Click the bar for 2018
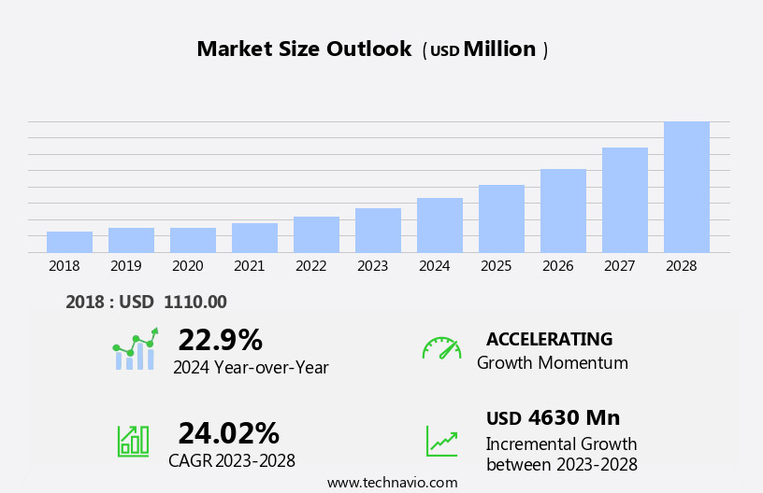click(x=69, y=242)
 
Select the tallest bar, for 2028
click(x=686, y=187)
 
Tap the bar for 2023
click(x=378, y=230)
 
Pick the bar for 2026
click(x=563, y=210)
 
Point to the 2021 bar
click(x=254, y=237)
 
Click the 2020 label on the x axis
click(x=187, y=266)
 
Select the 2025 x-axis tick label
click(x=496, y=266)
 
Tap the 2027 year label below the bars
click(x=619, y=266)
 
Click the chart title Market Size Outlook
click(x=304, y=49)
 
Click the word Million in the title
click(x=499, y=49)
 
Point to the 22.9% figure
click(x=220, y=340)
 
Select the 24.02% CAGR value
click(x=228, y=433)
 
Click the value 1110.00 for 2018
click(x=194, y=302)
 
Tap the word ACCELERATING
click(x=549, y=340)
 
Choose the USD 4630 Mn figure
click(x=553, y=418)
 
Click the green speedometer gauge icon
click(x=441, y=348)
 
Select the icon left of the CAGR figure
click(x=133, y=440)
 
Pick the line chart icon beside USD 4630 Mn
click(x=441, y=440)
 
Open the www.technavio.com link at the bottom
click(x=392, y=483)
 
